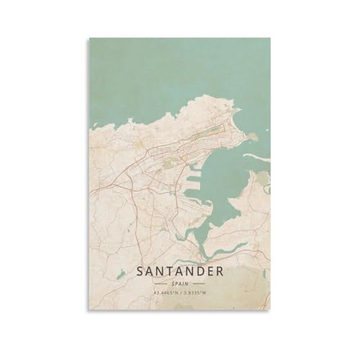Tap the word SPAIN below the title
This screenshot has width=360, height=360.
[180, 285]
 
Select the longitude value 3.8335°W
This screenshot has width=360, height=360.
[198, 294]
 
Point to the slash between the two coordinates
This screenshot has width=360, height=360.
[179, 294]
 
